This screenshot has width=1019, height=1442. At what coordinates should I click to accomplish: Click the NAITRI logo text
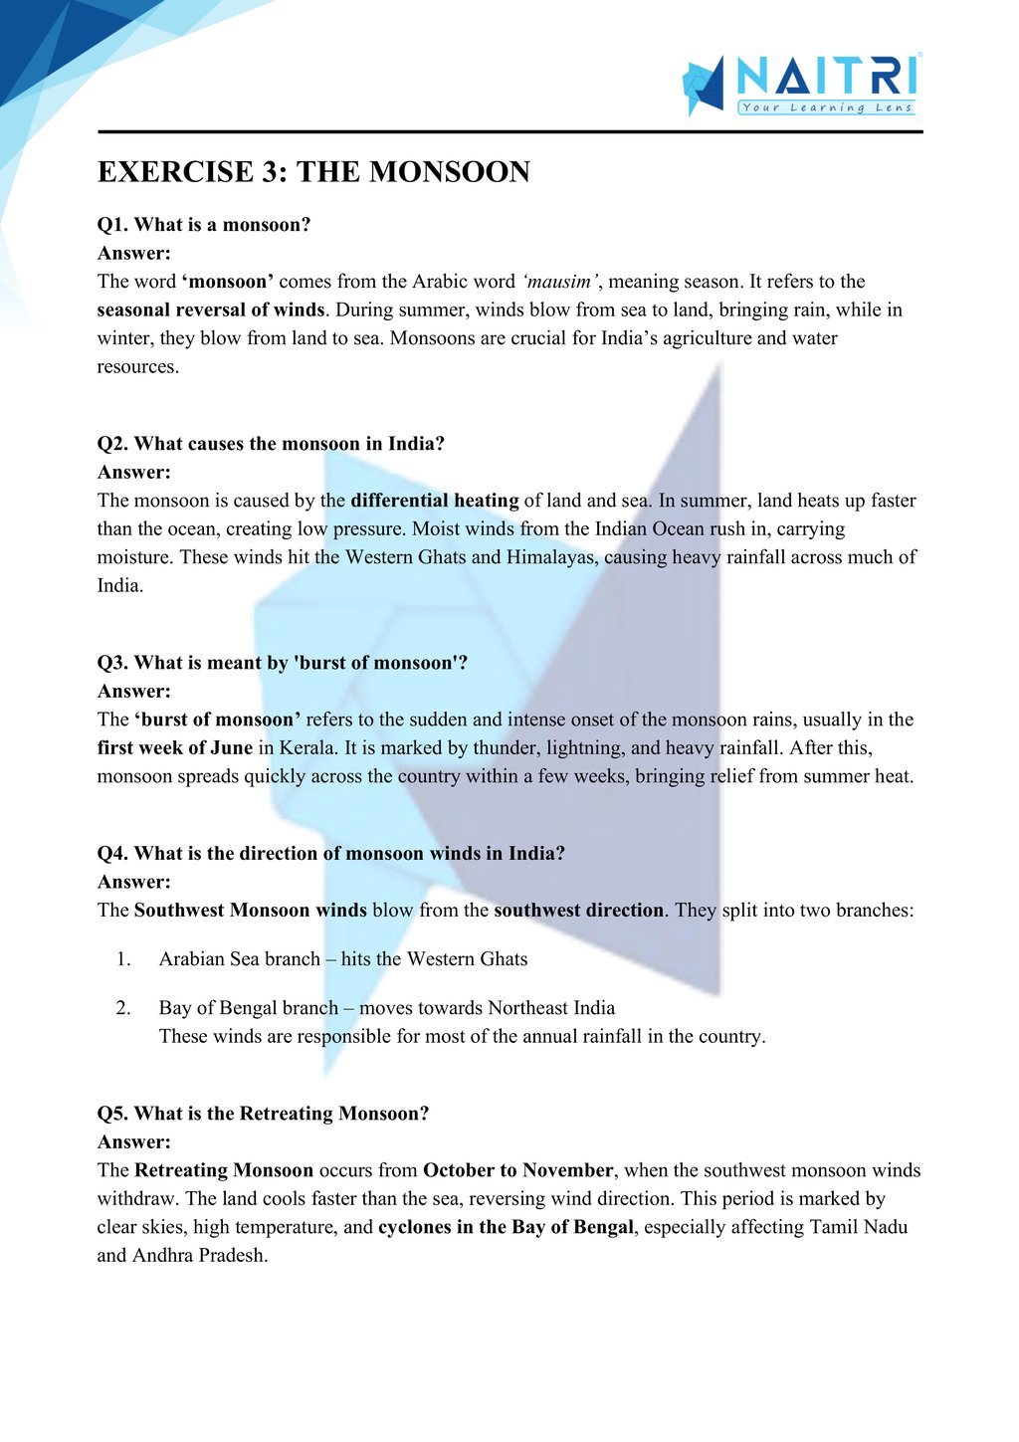[x=826, y=76]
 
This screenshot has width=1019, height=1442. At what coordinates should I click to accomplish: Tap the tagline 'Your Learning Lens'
[x=826, y=107]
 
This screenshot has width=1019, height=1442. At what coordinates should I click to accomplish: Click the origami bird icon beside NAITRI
[x=704, y=87]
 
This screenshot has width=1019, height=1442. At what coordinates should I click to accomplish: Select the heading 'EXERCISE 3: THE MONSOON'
[x=313, y=172]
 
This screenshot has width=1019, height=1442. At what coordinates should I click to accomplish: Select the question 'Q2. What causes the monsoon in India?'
[x=271, y=444]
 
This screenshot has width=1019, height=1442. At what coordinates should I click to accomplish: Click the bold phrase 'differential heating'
[x=435, y=501]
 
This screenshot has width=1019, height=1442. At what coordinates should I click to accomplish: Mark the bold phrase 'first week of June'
[x=175, y=748]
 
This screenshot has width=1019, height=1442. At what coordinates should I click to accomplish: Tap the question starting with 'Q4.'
[x=330, y=854]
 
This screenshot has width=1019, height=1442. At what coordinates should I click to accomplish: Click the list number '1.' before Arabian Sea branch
[x=123, y=959]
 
